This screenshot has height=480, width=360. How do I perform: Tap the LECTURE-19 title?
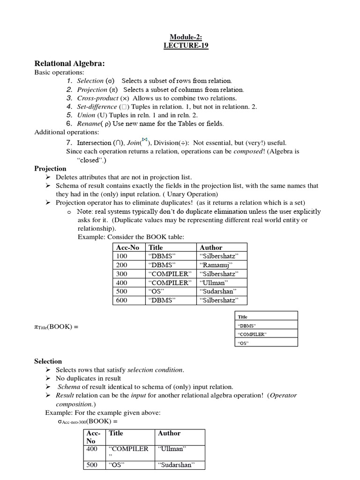(186, 45)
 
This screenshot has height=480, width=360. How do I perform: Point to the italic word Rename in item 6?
(89, 124)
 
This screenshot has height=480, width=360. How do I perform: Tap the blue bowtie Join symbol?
(145, 139)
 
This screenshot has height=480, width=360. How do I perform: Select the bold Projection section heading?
(50, 168)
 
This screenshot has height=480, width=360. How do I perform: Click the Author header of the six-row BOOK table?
(211, 247)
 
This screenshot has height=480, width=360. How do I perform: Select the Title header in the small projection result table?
(243, 317)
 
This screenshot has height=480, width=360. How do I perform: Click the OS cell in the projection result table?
(243, 343)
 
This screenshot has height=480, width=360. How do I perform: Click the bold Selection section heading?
(48, 361)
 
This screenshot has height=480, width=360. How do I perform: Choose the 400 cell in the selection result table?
(92, 449)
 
